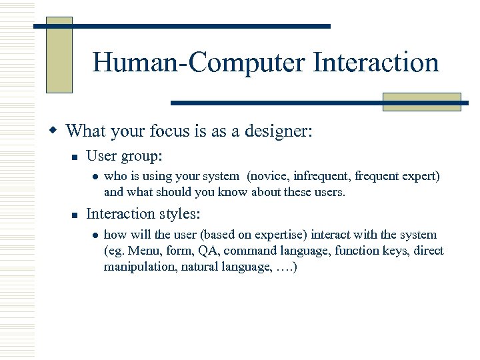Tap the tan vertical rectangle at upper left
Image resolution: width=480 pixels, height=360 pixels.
pos(59,55)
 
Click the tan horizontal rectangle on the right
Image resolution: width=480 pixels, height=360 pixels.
pos(421,101)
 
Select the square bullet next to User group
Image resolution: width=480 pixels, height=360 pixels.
pos(75,157)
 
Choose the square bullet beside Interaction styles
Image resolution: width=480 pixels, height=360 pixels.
pos(75,215)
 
